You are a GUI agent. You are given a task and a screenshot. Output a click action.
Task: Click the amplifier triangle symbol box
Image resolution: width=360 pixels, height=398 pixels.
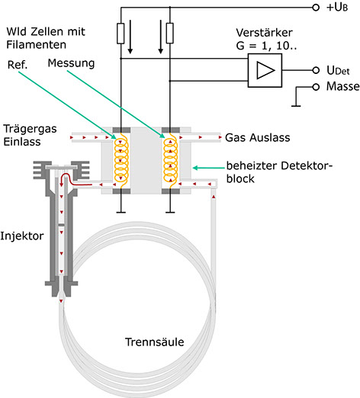[x=265, y=70]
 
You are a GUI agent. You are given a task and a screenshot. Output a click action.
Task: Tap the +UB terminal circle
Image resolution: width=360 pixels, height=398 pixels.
[x=316, y=8]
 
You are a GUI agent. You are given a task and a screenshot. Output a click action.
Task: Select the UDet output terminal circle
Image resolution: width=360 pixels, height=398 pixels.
[x=316, y=70]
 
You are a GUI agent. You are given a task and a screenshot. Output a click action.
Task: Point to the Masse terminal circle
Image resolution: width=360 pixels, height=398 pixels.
[x=316, y=87]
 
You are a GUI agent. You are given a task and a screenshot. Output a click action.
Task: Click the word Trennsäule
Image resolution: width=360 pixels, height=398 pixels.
[x=154, y=342]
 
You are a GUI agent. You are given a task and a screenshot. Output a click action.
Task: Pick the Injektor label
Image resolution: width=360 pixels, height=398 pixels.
[x=22, y=236]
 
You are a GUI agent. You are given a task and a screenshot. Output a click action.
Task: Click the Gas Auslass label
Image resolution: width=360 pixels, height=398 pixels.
[x=258, y=138]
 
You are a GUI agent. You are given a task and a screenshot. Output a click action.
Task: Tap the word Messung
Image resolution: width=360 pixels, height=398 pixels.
[x=71, y=63]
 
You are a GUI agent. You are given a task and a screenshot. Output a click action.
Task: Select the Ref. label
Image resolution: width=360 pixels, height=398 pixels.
[x=18, y=65]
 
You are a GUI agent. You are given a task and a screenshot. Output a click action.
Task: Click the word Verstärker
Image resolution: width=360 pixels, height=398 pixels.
[x=264, y=33]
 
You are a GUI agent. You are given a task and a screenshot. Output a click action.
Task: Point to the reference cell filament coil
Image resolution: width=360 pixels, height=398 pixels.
[x=121, y=160]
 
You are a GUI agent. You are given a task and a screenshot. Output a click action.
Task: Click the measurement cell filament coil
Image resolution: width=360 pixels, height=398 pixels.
[x=170, y=160]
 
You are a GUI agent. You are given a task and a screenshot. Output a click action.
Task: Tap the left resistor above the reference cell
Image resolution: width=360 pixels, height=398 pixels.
[x=121, y=34]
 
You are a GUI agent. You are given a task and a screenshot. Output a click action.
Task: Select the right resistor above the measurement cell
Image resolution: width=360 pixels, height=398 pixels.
[x=170, y=33]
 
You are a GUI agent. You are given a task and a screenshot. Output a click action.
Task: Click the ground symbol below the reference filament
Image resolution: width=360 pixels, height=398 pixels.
[x=121, y=212]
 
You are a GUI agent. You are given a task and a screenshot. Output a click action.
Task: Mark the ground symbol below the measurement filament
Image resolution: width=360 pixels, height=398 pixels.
[x=170, y=212]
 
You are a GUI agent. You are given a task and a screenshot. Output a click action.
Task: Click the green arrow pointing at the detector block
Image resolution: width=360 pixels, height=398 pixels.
[x=208, y=168]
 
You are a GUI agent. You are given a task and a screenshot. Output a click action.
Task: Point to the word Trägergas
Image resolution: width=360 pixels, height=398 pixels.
[x=30, y=129]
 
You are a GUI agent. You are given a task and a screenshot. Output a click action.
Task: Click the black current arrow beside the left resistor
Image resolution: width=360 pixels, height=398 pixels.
[x=130, y=37]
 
